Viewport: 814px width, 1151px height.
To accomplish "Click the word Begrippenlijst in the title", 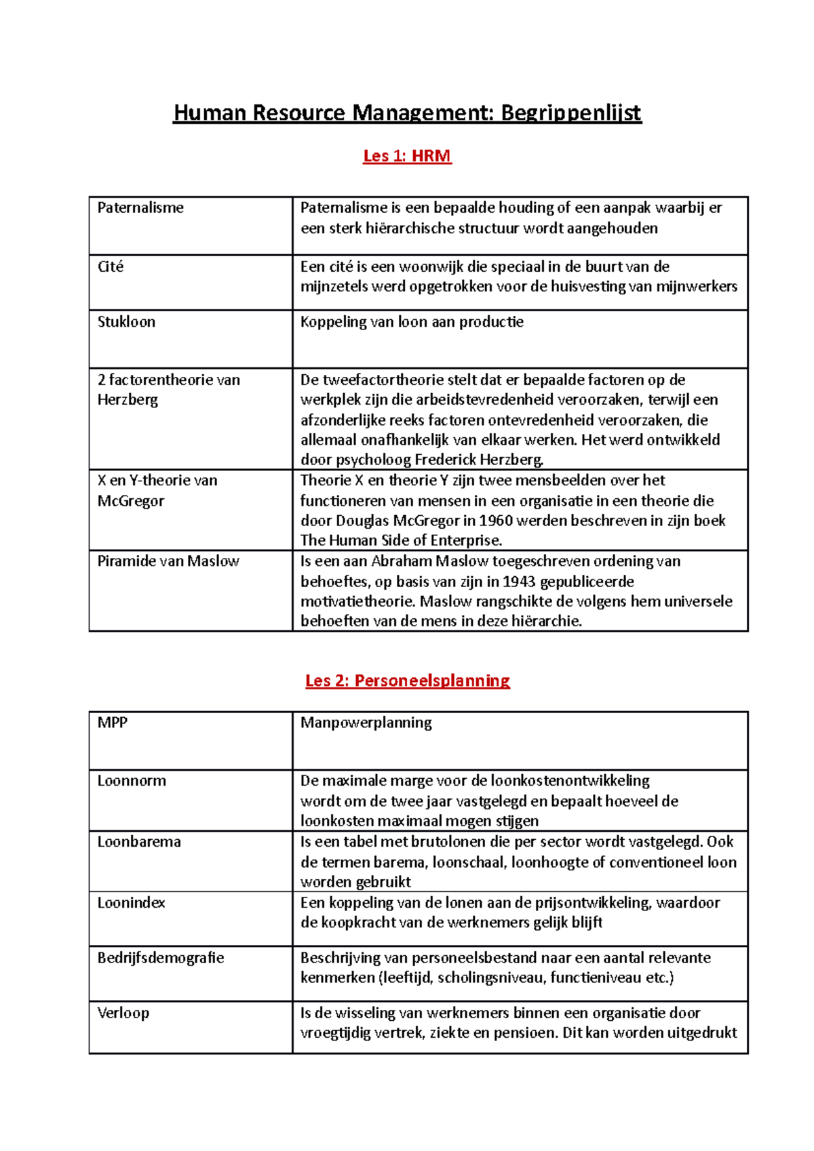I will pos(570,113).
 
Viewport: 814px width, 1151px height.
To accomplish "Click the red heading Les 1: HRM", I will pos(407,156).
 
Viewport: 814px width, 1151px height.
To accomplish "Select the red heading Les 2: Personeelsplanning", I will pos(407,681).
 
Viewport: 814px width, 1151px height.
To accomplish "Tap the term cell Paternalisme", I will pos(140,208).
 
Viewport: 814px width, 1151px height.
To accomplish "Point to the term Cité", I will pos(111,266).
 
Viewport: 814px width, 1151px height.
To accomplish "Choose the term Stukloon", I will pos(126,322).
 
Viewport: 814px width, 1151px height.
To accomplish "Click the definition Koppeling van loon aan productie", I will pos(412,322).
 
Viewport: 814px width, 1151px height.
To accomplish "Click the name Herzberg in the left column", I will pos(128,400).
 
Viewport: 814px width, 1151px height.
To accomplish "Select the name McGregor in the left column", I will pos(131,501).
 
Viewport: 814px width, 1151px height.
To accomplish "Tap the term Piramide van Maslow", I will pos(168,561).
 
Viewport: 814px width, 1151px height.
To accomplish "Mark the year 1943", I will pos(519,582).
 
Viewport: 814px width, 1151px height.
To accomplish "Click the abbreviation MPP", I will pos(113,723).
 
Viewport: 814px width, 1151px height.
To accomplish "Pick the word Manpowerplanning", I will pos(366,723).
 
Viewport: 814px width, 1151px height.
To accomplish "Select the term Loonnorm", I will pos(132,781).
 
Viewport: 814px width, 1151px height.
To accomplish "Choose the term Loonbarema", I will pos(139,842).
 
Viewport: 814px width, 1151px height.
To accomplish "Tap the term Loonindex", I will pos(132,903).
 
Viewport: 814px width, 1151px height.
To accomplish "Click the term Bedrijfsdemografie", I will pos(161,958).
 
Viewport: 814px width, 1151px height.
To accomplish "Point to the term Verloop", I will pos(123,1013).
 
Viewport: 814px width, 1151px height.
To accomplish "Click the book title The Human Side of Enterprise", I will pos(401,541).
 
